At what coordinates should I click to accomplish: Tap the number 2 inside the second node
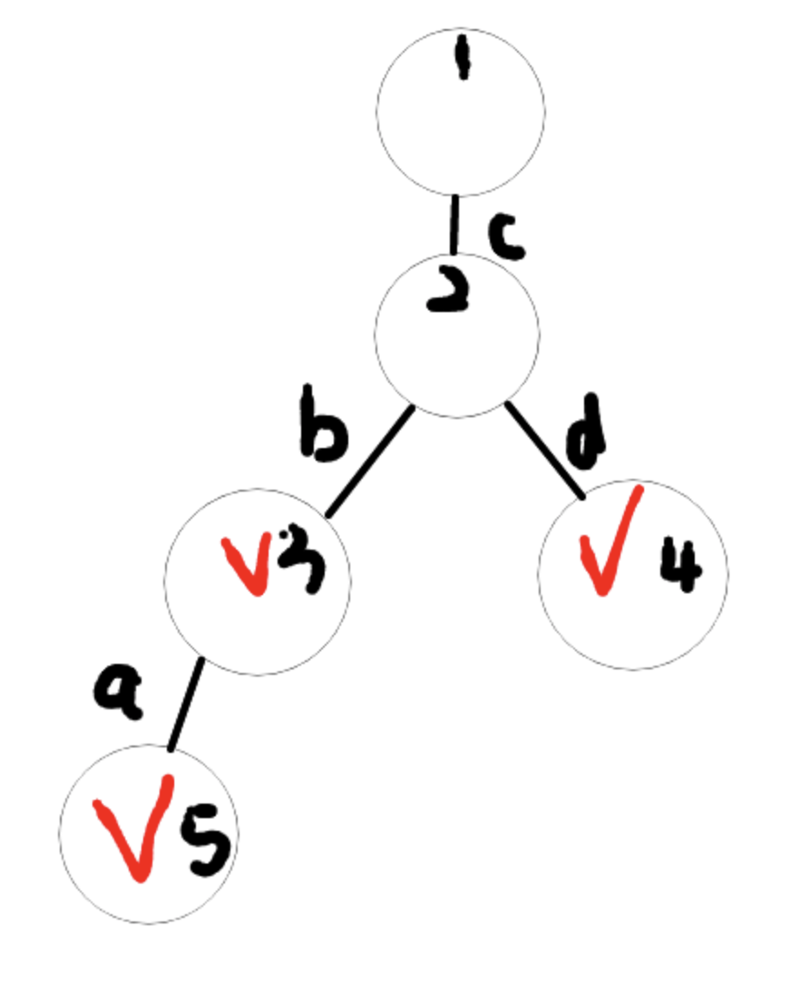(x=449, y=295)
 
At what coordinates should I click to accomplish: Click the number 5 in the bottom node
(x=207, y=841)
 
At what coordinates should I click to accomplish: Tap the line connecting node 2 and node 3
(x=370, y=463)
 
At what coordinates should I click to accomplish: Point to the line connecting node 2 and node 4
(x=544, y=450)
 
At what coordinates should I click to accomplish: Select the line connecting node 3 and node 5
(x=186, y=704)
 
